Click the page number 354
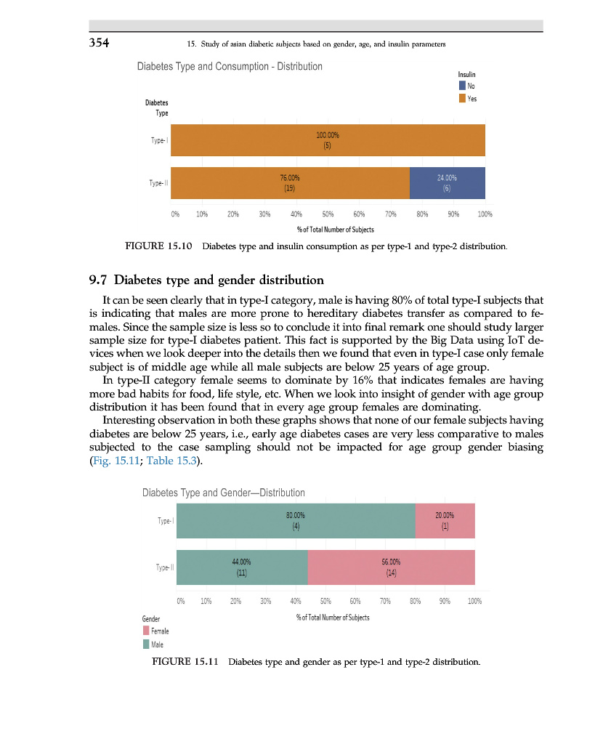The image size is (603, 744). pyautogui.click(x=99, y=42)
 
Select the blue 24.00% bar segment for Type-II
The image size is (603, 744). pyautogui.click(x=447, y=183)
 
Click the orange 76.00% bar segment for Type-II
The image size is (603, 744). pyautogui.click(x=290, y=183)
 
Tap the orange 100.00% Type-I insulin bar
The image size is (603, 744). pyautogui.click(x=328, y=140)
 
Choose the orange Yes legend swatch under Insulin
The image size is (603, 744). pyautogui.click(x=462, y=98)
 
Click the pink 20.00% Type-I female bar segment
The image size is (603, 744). pyautogui.click(x=445, y=521)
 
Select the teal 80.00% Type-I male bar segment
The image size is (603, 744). pyautogui.click(x=296, y=521)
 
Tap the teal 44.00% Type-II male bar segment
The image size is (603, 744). pyautogui.click(x=242, y=567)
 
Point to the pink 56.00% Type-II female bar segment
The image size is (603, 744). pyautogui.click(x=391, y=567)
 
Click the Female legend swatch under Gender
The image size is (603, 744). pyautogui.click(x=146, y=631)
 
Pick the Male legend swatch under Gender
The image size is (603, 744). pyautogui.click(x=146, y=644)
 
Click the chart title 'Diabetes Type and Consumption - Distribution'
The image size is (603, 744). pyautogui.click(x=230, y=67)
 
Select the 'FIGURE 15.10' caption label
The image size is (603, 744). pyautogui.click(x=159, y=247)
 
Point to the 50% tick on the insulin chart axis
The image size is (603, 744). pyautogui.click(x=328, y=215)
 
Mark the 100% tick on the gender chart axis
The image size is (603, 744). pyautogui.click(x=474, y=601)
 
